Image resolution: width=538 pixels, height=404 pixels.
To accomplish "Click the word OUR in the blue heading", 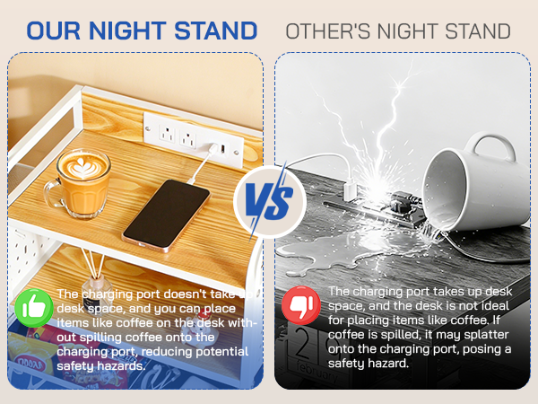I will click(60, 31).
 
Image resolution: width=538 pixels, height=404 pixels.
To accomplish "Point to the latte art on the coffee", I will click(82, 163).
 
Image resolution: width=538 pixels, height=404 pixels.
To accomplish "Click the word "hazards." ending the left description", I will click(124, 366).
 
